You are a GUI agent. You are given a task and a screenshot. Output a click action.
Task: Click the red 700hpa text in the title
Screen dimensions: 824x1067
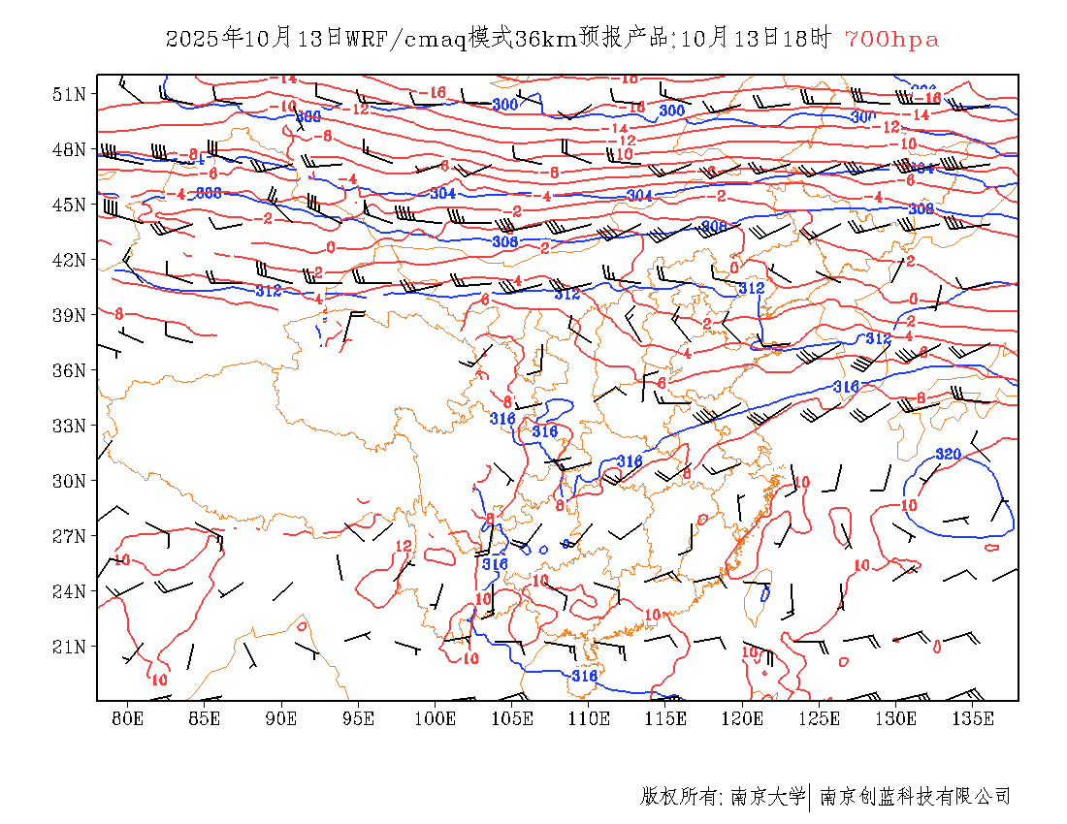(x=891, y=39)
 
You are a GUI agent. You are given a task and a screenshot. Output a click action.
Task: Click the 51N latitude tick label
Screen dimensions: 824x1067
(x=70, y=94)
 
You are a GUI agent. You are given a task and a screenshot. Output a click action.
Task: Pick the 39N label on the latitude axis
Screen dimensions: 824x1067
(x=70, y=315)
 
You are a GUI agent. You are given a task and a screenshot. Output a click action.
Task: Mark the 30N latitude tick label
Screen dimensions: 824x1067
(x=70, y=481)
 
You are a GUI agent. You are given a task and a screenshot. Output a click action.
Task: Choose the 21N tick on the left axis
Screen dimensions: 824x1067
(x=70, y=647)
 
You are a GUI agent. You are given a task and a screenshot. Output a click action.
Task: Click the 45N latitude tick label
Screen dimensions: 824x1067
(x=70, y=205)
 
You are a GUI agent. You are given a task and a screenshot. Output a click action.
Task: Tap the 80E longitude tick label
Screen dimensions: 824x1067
(x=128, y=718)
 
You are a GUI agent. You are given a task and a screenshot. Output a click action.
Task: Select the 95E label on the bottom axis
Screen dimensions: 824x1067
(x=359, y=718)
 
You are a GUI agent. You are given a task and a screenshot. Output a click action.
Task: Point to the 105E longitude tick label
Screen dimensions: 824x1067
(x=512, y=718)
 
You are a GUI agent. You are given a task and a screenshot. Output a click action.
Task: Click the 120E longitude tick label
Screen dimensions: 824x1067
(x=743, y=718)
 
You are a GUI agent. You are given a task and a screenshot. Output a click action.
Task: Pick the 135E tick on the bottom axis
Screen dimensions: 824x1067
(x=974, y=718)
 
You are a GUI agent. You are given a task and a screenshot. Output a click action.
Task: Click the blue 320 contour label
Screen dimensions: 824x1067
(x=948, y=455)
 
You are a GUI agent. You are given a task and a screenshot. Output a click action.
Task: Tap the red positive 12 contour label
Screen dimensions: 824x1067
(x=404, y=546)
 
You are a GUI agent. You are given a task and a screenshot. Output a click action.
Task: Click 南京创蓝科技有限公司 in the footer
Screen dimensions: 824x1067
(x=916, y=797)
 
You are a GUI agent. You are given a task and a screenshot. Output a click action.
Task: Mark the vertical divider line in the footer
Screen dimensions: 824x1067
(x=810, y=797)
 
